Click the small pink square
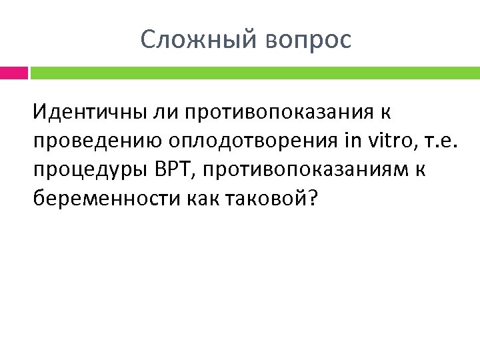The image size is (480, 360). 14,71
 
